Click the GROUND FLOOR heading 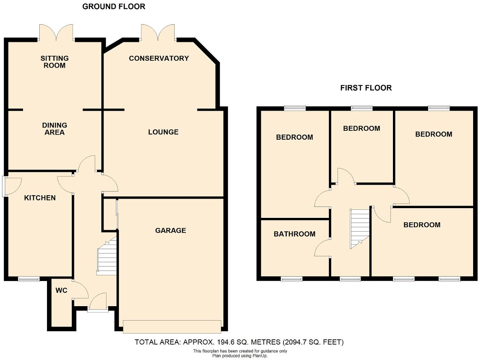pyautogui.click(x=113, y=6)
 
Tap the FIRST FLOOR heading pyautogui.click(x=366, y=88)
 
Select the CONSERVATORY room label pyautogui.click(x=159, y=58)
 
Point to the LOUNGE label pyautogui.click(x=163, y=132)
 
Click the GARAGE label pyautogui.click(x=171, y=230)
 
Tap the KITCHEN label pyautogui.click(x=40, y=198)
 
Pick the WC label pyautogui.click(x=62, y=290)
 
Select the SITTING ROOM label pyautogui.click(x=54, y=62)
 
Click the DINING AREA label pyautogui.click(x=54, y=129)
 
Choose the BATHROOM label pyautogui.click(x=294, y=234)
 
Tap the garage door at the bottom pyautogui.click(x=172, y=326)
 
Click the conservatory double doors pyautogui.click(x=158, y=32)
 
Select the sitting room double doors pyautogui.click(x=57, y=32)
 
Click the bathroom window pyautogui.click(x=292, y=279)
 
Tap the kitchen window pyautogui.click(x=29, y=279)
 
